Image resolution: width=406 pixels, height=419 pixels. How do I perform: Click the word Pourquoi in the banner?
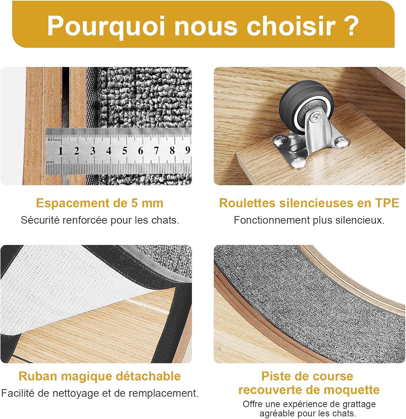[106, 26]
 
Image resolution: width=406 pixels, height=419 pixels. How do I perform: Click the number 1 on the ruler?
[60, 151]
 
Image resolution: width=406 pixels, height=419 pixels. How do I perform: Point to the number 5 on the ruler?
[125, 151]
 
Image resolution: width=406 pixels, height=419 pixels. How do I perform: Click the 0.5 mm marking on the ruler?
[54, 139]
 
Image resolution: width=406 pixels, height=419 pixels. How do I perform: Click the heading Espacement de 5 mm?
[100, 203]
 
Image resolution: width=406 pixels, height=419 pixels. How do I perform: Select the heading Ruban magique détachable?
[100, 376]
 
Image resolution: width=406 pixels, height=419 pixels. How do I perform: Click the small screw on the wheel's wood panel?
[219, 349]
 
